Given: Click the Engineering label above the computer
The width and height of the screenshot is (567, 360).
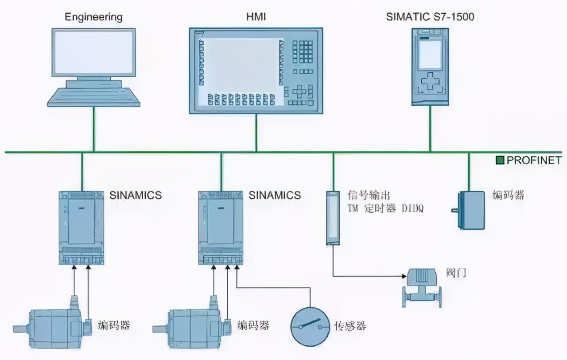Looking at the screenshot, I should click(x=93, y=17).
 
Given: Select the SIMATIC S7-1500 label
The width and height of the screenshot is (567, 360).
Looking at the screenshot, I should click(x=430, y=17).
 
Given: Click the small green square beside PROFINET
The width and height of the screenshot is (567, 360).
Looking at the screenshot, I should click(x=500, y=160).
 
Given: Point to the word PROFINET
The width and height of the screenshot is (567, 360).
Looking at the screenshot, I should click(x=533, y=160).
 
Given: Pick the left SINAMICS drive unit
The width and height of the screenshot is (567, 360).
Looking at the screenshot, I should click(x=82, y=227).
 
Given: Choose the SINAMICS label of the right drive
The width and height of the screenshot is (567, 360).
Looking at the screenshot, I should click(x=275, y=195).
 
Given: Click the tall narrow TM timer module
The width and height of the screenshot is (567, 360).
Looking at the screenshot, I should click(x=333, y=217).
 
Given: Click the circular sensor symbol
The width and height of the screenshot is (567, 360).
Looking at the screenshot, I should click(x=310, y=326).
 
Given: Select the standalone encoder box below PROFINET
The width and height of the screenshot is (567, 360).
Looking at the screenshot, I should click(x=470, y=210).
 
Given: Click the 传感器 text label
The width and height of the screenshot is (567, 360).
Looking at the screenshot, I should click(x=350, y=326).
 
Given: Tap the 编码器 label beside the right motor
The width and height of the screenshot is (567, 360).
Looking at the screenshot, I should click(x=253, y=325).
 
